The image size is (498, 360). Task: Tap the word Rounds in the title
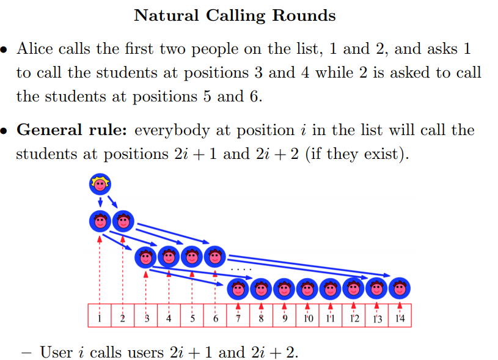click(x=305, y=15)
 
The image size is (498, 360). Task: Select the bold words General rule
click(x=73, y=130)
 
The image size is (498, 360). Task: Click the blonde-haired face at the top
click(x=100, y=185)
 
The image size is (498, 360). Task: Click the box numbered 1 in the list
click(x=100, y=317)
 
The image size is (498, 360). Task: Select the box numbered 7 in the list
click(x=238, y=317)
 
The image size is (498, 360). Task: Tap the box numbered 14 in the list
click(x=400, y=317)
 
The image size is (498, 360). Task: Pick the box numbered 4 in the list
click(x=169, y=317)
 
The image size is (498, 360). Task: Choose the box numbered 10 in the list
click(x=307, y=317)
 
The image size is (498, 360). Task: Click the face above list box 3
click(x=145, y=257)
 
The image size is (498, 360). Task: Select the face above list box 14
click(x=399, y=287)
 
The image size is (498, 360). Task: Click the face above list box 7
click(x=238, y=287)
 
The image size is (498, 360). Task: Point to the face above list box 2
click(x=123, y=221)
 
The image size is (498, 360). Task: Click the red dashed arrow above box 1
click(x=100, y=269)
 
